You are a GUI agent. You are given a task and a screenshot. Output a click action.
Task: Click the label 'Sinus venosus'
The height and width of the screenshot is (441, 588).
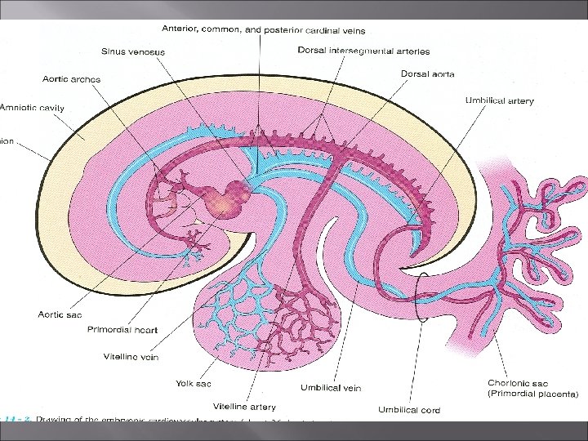pyautogui.click(x=133, y=52)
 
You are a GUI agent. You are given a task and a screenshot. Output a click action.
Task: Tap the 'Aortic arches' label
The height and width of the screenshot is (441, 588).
pyautogui.click(x=71, y=79)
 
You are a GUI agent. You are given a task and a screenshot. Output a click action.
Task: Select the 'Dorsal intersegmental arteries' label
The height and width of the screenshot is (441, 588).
pyautogui.click(x=363, y=51)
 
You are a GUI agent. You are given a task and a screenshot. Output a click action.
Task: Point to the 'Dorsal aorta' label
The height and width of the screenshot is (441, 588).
pyautogui.click(x=427, y=73)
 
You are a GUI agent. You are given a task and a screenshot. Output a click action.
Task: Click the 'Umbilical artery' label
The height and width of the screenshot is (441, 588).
pyautogui.click(x=499, y=100)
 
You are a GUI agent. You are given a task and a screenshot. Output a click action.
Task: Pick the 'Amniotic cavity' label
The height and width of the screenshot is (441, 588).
pyautogui.click(x=33, y=108)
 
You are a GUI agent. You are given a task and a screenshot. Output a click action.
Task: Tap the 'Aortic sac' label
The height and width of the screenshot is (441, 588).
pyautogui.click(x=59, y=314)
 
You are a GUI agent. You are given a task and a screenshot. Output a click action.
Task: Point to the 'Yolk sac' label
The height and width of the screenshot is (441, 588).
pyautogui.click(x=194, y=383)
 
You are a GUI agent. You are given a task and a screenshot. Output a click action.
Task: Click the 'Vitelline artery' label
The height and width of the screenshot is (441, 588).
pyautogui.click(x=244, y=406)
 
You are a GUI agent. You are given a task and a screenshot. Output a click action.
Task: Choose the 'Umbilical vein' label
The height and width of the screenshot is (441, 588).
pyautogui.click(x=331, y=388)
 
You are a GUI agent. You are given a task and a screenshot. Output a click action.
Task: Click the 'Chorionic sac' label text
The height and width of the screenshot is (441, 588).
pyautogui.click(x=517, y=382)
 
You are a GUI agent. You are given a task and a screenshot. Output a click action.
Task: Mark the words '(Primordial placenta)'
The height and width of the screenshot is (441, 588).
pyautogui.click(x=532, y=394)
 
